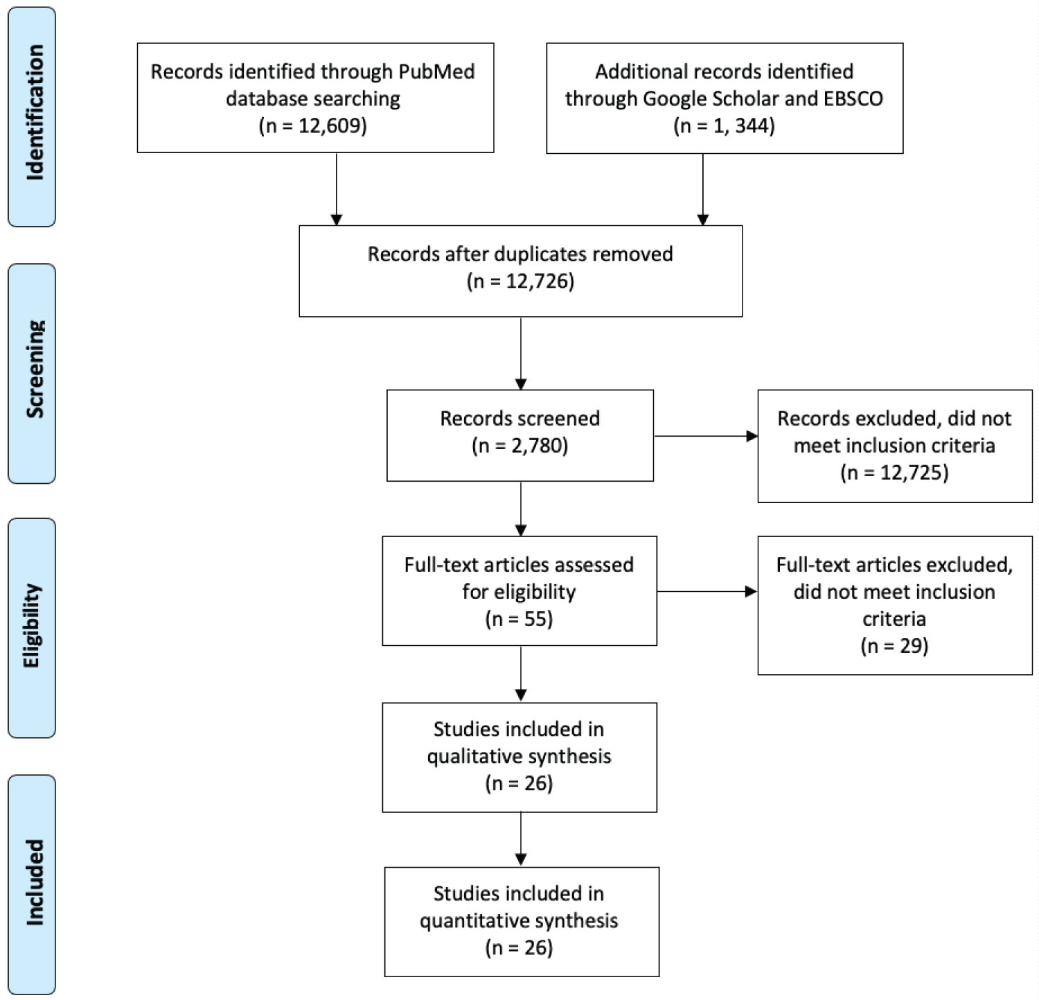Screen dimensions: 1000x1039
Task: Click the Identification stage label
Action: (33, 113)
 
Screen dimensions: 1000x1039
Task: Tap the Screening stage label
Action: (33, 369)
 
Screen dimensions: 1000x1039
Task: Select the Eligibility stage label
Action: (33, 626)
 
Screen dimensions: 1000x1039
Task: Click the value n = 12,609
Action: (313, 126)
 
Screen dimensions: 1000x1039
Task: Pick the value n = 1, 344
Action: (724, 126)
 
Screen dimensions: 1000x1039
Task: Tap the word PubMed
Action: (436, 72)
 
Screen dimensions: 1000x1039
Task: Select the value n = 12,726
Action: (520, 281)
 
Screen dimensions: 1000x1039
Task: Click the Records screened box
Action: (519, 435)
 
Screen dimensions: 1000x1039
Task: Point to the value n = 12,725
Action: (894, 473)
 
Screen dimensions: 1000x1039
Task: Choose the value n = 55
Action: (519, 619)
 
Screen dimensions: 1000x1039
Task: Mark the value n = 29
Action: (894, 646)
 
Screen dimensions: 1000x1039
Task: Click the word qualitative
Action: (471, 756)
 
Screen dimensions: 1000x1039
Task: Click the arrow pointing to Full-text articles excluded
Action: (707, 592)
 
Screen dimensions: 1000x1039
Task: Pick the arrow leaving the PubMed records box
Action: (337, 188)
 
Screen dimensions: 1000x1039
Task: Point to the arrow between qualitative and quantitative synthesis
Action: (521, 839)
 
